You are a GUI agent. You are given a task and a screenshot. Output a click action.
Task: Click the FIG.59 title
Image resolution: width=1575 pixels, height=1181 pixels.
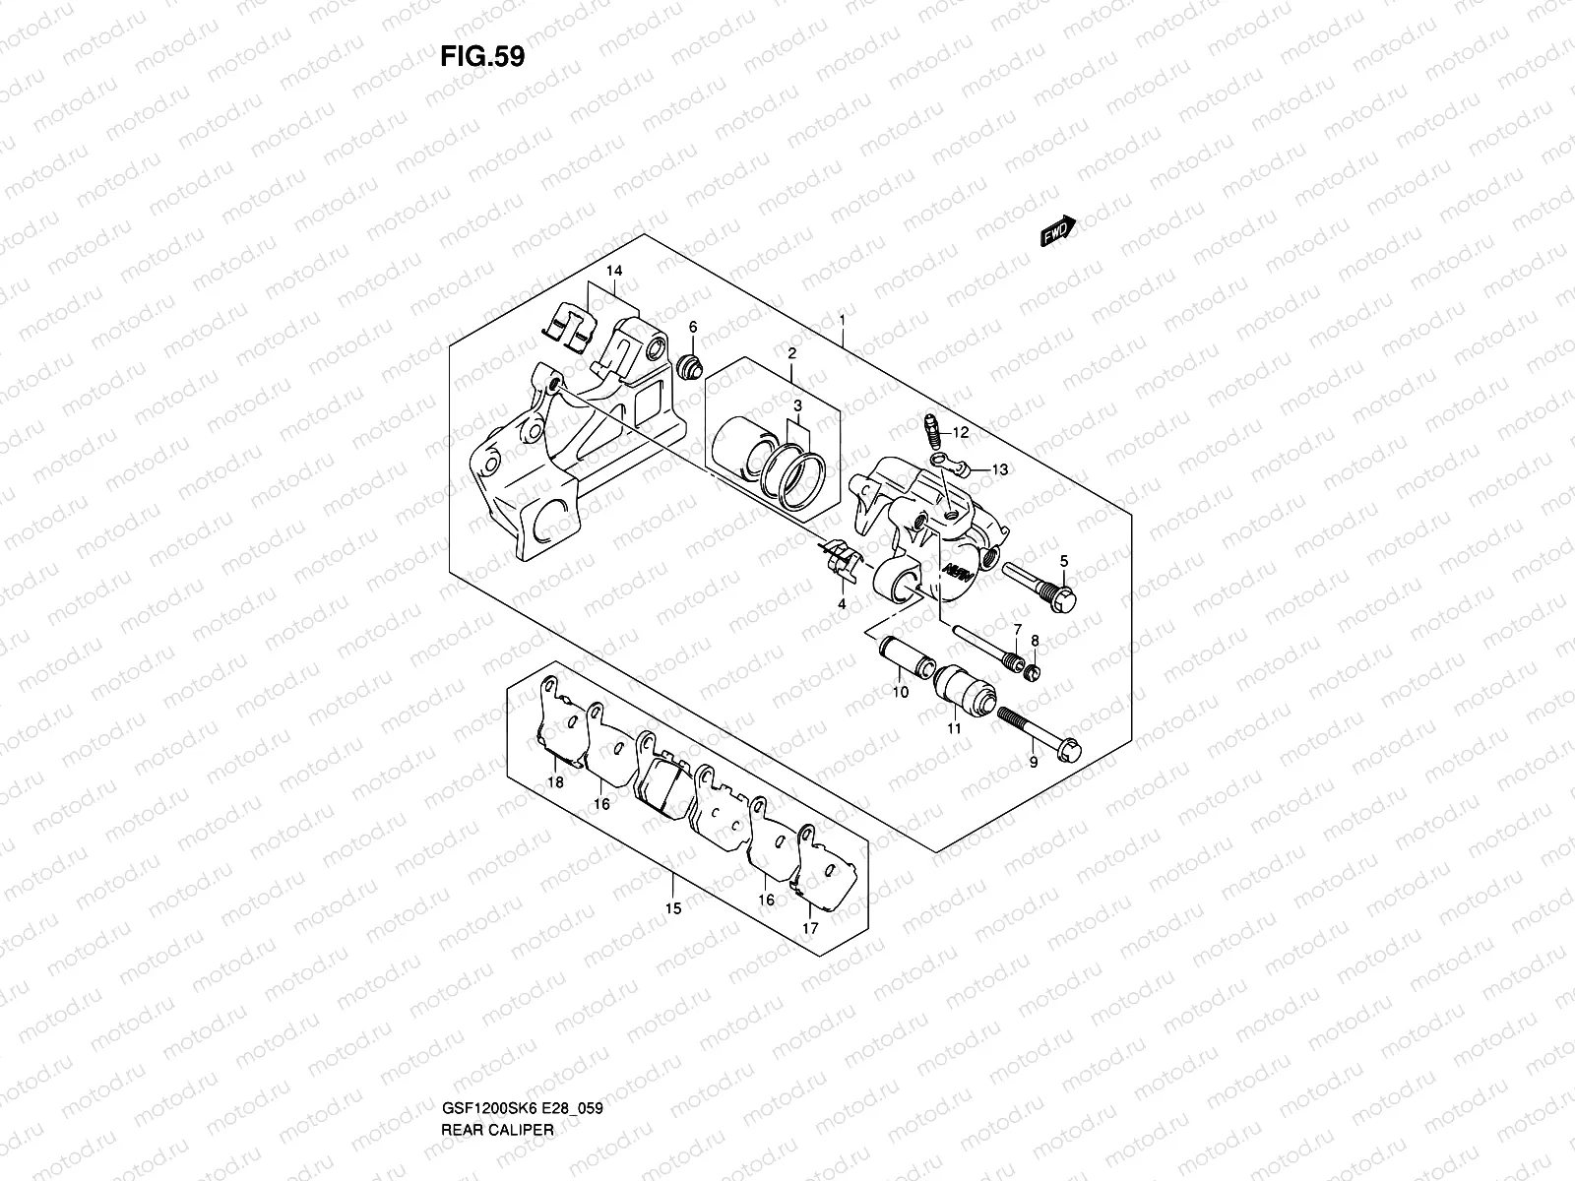pyautogui.click(x=481, y=56)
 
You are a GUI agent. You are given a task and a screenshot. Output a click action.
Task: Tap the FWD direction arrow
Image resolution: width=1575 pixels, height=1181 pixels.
pyautogui.click(x=1058, y=232)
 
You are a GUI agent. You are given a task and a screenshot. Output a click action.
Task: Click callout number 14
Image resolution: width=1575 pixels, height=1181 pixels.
pyautogui.click(x=614, y=271)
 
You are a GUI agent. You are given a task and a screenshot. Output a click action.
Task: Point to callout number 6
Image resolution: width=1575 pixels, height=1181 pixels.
pyautogui.click(x=692, y=327)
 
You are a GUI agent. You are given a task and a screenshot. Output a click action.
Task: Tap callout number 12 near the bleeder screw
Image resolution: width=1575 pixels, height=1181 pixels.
pyautogui.click(x=961, y=432)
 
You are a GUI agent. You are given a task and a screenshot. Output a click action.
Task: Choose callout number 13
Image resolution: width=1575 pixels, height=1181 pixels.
pyautogui.click(x=999, y=470)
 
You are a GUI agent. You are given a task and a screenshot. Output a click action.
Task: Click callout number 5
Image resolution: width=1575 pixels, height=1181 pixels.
pyautogui.click(x=1063, y=561)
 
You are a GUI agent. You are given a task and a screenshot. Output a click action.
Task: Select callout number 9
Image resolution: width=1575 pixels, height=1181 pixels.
pyautogui.click(x=1033, y=762)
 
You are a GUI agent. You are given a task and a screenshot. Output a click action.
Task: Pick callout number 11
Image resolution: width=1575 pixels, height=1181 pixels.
pyautogui.click(x=953, y=729)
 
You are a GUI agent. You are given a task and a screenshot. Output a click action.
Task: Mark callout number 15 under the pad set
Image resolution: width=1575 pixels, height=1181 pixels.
pyautogui.click(x=673, y=908)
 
